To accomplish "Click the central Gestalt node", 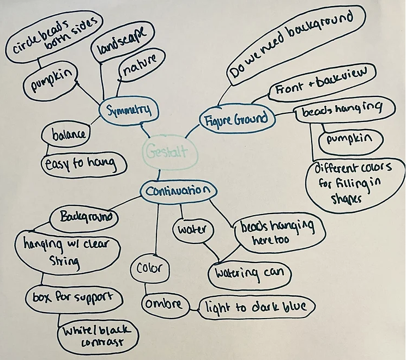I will click(x=166, y=150).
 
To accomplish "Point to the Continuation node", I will click(x=177, y=191).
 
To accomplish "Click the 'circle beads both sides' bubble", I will click(x=52, y=36).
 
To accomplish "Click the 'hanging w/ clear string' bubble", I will click(x=69, y=253).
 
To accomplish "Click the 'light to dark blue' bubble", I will click(x=256, y=307).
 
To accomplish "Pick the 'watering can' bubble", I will click(x=249, y=271).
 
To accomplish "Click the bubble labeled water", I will click(x=191, y=229).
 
